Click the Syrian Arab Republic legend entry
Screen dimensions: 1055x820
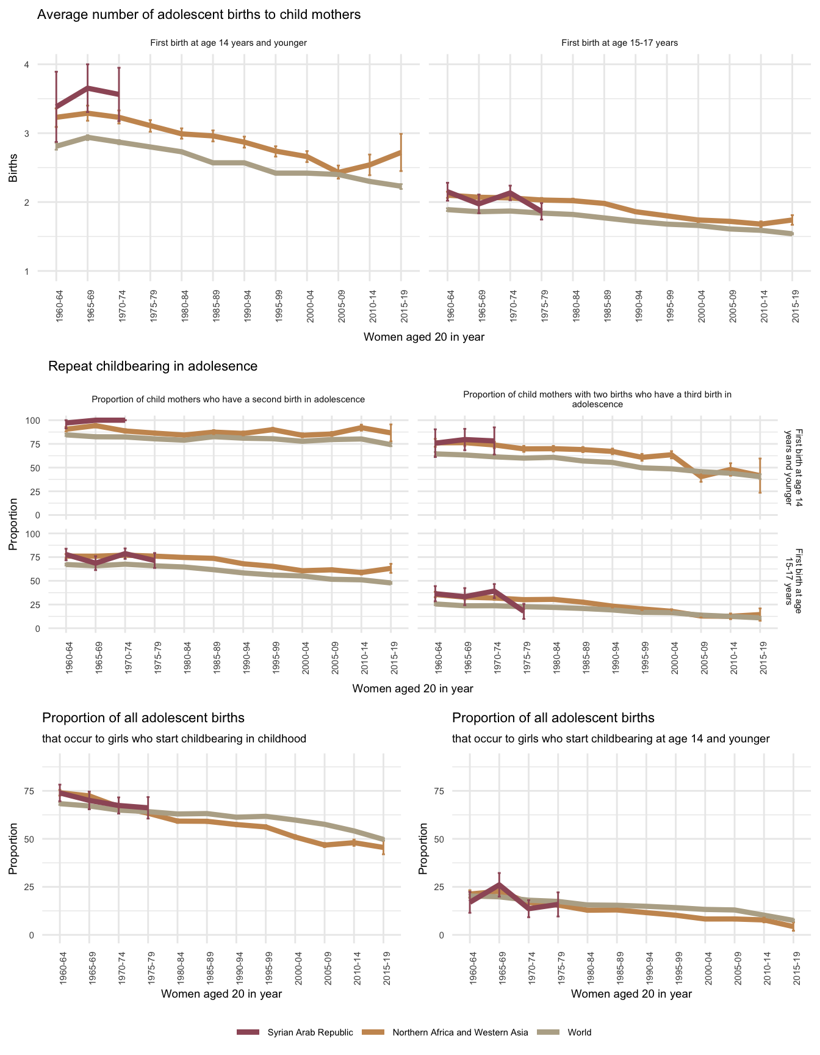click(310, 1032)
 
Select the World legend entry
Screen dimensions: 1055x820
click(579, 1032)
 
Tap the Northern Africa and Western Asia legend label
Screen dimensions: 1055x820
click(460, 1032)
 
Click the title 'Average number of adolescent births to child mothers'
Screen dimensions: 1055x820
click(199, 15)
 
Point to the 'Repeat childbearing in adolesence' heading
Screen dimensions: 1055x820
click(153, 366)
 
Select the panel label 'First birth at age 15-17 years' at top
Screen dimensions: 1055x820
click(619, 43)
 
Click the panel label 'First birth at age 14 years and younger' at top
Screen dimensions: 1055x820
click(228, 43)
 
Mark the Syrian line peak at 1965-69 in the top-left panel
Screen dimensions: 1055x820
click(88, 88)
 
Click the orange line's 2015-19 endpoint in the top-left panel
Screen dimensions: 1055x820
click(401, 151)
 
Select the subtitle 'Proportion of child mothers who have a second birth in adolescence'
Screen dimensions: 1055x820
click(228, 399)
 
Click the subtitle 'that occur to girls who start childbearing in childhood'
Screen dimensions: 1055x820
click(174, 739)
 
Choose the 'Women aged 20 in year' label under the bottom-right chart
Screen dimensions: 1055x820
click(631, 994)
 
